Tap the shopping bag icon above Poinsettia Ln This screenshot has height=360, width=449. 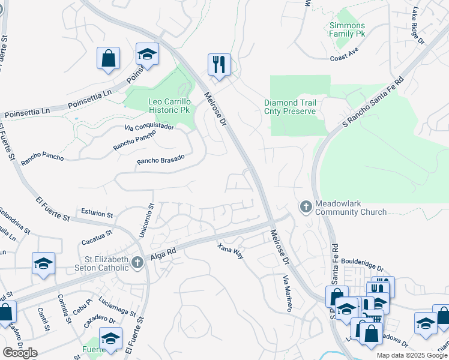tap(109, 59)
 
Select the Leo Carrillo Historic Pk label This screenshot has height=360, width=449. tap(169, 106)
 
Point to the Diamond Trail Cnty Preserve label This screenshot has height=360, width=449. tap(290, 107)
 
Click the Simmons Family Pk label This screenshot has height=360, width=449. tap(347, 30)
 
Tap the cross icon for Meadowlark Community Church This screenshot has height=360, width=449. tap(306, 207)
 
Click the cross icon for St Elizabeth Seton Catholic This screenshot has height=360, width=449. tap(138, 262)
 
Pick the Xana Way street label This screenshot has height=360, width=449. tap(231, 251)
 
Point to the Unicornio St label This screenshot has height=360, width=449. tap(145, 220)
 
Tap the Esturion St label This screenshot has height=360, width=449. tap(97, 214)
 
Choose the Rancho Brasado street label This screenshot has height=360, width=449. tap(160, 160)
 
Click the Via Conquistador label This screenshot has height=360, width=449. tap(149, 127)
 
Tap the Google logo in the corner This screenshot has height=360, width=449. tap(20, 353)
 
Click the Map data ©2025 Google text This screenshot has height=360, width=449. tap(412, 355)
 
